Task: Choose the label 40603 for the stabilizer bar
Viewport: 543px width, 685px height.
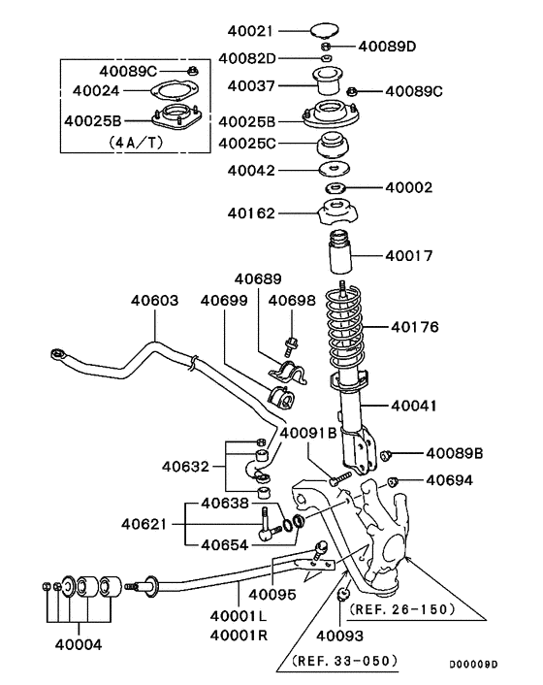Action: tap(155, 301)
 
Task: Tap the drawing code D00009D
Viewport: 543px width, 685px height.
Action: tap(474, 666)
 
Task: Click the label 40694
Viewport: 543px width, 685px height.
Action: tap(450, 479)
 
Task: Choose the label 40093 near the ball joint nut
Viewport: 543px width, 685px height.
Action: tap(339, 635)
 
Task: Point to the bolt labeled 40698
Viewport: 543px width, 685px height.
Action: tap(292, 344)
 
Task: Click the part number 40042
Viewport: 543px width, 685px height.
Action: tap(252, 171)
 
